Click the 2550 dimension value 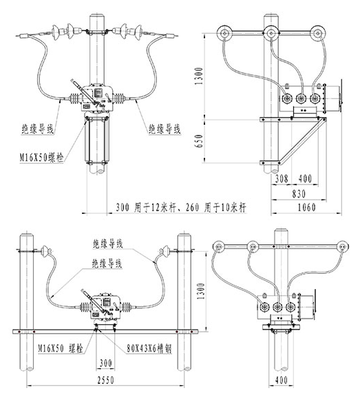(x=106, y=380)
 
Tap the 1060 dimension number (x=306, y=207)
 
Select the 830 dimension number (x=299, y=193)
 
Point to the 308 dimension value (x=282, y=178)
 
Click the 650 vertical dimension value (x=199, y=141)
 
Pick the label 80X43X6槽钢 (x=149, y=348)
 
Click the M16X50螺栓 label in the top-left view (x=41, y=157)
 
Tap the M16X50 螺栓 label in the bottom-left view (x=61, y=348)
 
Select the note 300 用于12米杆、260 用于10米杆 (x=181, y=207)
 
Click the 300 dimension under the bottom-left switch (x=106, y=363)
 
